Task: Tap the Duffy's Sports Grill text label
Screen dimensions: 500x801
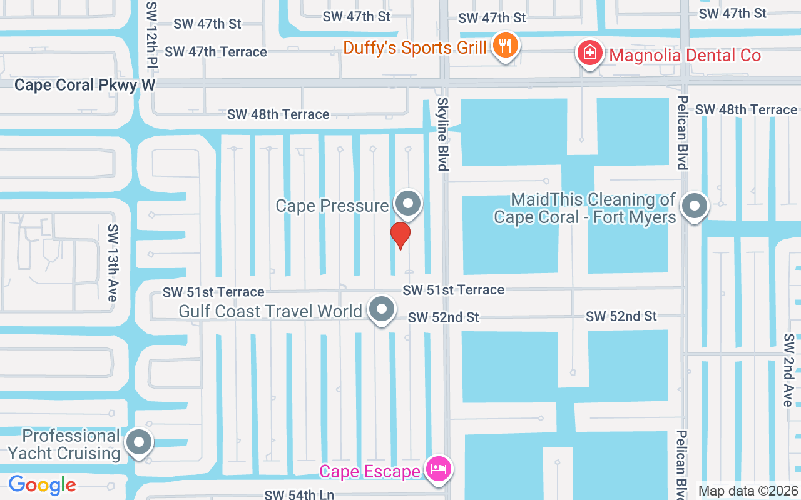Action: [415, 47]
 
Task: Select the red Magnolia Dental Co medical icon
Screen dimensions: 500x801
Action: [589, 53]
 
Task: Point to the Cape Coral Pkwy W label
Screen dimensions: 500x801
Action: [84, 85]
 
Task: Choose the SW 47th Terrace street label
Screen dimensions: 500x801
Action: [216, 52]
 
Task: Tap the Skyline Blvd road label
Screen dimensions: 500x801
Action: [442, 134]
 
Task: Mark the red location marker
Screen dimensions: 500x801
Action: [400, 235]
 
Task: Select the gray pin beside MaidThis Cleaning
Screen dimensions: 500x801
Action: [693, 205]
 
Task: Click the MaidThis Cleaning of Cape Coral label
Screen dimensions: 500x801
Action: [585, 208]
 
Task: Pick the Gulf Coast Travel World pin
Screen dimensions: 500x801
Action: [381, 309]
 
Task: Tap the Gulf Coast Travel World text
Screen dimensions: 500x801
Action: [270, 311]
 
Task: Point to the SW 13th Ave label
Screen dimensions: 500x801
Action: [113, 262]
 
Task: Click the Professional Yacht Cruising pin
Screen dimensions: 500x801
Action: [139, 442]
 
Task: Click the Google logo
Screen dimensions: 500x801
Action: [42, 485]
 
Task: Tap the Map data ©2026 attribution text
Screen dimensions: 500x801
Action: [748, 491]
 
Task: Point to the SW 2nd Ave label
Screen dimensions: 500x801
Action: [788, 369]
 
